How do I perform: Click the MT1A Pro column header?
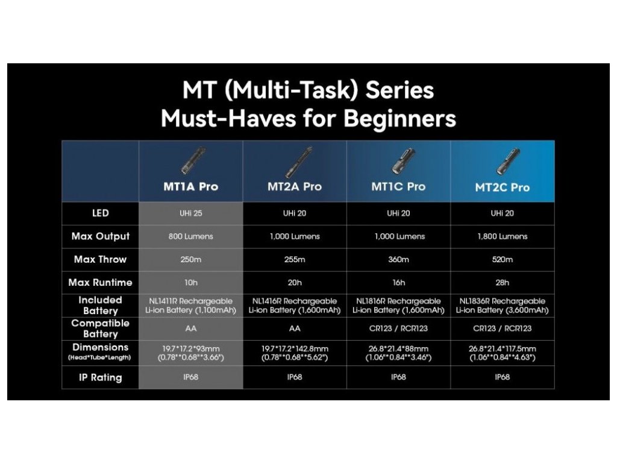pos(191,187)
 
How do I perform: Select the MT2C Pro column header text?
pos(503,187)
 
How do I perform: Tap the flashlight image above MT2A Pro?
pos(299,162)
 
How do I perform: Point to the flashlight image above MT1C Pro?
pos(402,162)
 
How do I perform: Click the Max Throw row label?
pos(101,259)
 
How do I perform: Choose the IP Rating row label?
pos(101,377)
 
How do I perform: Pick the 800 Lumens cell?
pos(191,236)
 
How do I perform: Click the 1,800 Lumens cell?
pos(503,236)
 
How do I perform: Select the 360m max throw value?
pos(399,259)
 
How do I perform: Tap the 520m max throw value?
pos(503,259)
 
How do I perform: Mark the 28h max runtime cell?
pos(503,283)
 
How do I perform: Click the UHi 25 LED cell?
pos(191,213)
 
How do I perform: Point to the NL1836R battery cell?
pos(503,306)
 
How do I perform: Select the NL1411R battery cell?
pos(191,306)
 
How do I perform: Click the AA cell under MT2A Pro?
pos(295,329)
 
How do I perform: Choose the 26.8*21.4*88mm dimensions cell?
pos(399,353)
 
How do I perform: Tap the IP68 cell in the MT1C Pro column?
pos(399,377)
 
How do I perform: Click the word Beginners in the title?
pos(400,119)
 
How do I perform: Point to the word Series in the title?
pos(400,90)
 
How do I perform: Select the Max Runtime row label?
pos(101,283)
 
